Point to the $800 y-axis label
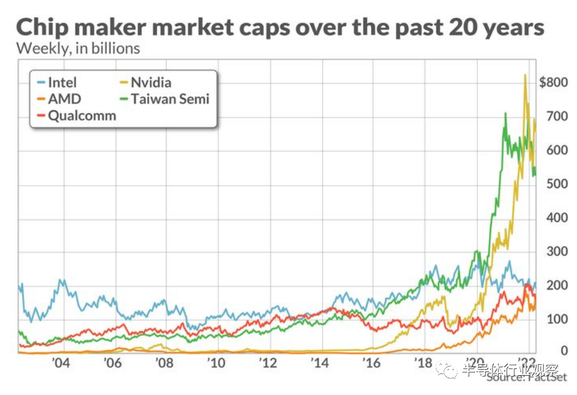pos(553,83)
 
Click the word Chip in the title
pos(46,27)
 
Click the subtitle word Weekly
pos(41,49)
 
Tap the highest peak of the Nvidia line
pos(525,75)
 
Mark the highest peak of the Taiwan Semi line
pos(505,113)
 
